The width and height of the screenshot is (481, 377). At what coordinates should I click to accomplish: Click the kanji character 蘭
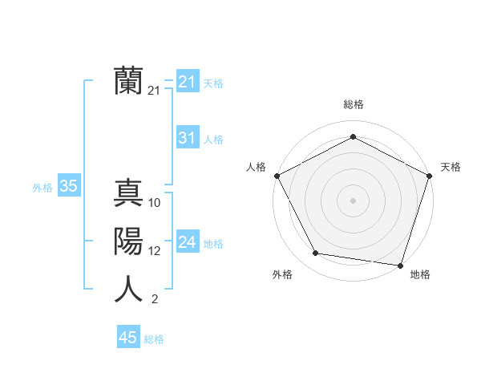[x=128, y=80]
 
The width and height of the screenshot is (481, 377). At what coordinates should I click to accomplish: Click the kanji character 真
[x=128, y=193]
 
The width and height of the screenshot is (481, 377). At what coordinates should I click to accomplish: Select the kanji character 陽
[x=128, y=241]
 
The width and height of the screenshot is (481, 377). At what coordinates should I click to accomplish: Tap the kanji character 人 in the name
[x=128, y=289]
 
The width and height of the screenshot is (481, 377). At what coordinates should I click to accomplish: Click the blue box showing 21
[x=187, y=82]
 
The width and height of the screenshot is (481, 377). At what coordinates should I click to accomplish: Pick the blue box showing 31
[x=187, y=138]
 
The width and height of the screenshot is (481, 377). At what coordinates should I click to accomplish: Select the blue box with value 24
[x=187, y=242]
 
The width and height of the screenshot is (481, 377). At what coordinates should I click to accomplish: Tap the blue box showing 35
[x=69, y=187]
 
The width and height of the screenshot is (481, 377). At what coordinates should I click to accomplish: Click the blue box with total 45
[x=128, y=338]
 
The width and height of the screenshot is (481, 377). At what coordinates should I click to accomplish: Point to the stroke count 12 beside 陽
[x=155, y=251]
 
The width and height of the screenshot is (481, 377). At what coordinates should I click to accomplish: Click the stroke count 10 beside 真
[x=155, y=203]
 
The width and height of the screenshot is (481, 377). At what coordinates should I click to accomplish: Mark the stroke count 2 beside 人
[x=154, y=299]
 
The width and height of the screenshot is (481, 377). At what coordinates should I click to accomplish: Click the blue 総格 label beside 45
[x=154, y=339]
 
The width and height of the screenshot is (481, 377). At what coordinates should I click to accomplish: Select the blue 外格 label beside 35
[x=42, y=188]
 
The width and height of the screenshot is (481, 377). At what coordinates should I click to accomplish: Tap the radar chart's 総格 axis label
[x=353, y=104]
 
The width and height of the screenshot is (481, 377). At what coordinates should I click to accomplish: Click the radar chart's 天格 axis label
[x=451, y=167]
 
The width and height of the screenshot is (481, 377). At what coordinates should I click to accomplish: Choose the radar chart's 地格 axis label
[x=420, y=274]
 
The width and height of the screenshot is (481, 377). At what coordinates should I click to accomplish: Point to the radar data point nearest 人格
[x=277, y=176]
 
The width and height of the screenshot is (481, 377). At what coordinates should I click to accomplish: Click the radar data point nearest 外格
[x=316, y=253]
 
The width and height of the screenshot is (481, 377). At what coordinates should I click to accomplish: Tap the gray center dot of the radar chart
[x=353, y=200]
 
